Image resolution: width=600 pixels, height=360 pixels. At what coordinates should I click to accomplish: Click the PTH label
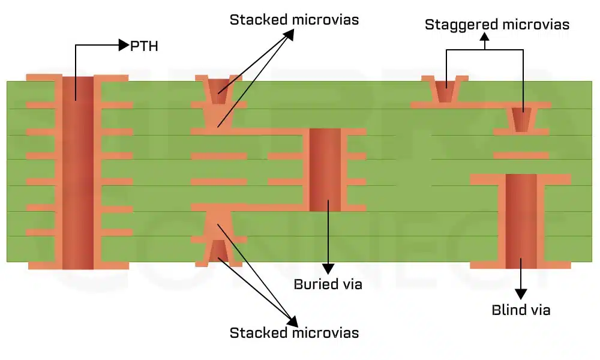[x=144, y=46]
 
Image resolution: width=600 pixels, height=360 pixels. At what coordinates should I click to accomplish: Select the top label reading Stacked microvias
[x=294, y=20]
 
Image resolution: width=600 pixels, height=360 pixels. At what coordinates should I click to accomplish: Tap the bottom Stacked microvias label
[x=294, y=333]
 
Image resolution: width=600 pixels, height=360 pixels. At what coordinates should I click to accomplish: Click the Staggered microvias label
[x=497, y=25]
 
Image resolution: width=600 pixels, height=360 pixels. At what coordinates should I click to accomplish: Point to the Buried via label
[x=328, y=284]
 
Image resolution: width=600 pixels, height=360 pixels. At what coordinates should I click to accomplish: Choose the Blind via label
[x=521, y=310]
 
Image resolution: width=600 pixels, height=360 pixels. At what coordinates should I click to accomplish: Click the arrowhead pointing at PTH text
[x=124, y=45]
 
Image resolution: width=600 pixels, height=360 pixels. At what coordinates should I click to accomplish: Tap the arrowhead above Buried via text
[x=328, y=268]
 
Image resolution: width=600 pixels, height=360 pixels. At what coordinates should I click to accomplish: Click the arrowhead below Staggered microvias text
[x=485, y=37]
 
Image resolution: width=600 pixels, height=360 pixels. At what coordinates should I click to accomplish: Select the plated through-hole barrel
[x=78, y=171]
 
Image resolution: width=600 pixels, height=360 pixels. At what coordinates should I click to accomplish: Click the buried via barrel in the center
[x=325, y=169]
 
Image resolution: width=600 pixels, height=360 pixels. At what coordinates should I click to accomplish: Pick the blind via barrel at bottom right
[x=521, y=221]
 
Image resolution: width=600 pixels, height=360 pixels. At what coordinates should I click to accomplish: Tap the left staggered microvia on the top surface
[x=445, y=90]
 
